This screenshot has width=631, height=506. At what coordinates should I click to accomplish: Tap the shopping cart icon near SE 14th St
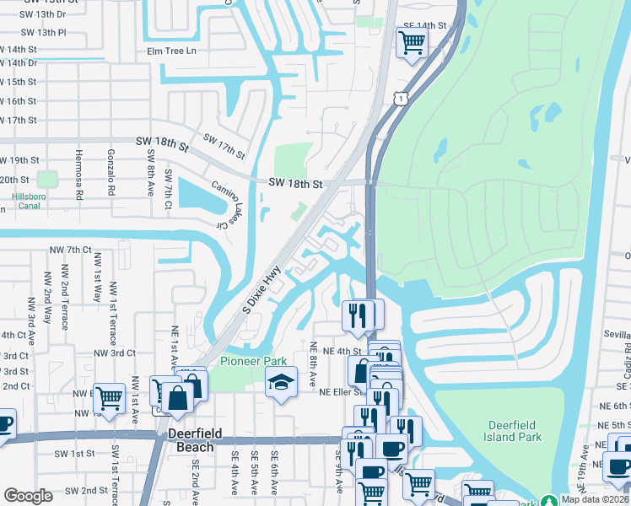411,41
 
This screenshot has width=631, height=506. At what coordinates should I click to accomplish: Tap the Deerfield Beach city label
195,439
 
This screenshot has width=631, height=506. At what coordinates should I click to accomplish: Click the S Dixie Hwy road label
261,291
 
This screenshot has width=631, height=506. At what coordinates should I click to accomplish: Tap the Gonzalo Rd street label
111,172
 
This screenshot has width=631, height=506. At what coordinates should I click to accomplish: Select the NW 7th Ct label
70,250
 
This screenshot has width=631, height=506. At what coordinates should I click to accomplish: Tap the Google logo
28,496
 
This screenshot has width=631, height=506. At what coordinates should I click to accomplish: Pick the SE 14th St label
424,26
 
